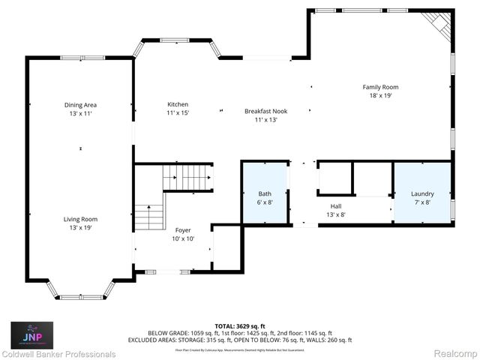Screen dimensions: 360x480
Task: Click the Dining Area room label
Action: coord(81,105)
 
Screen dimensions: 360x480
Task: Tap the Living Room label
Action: coord(81,219)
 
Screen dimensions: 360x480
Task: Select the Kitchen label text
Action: coord(178,104)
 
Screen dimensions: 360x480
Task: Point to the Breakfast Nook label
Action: coord(265,111)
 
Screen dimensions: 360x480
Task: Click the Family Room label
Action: coord(380,87)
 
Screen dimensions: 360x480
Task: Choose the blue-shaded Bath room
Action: coord(265,194)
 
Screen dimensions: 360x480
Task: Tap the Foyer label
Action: coord(183,230)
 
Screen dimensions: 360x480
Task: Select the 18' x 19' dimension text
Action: coord(380,95)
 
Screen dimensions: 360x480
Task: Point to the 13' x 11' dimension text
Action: coord(81,113)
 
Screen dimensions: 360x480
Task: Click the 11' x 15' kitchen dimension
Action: coord(178,112)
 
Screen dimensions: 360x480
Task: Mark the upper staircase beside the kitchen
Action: coord(187,178)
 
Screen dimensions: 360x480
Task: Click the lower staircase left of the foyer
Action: coord(149,217)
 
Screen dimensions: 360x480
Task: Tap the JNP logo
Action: coord(31,332)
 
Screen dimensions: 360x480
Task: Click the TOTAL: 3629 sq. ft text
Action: coord(239,325)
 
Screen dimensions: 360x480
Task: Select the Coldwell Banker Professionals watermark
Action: coord(58,354)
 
